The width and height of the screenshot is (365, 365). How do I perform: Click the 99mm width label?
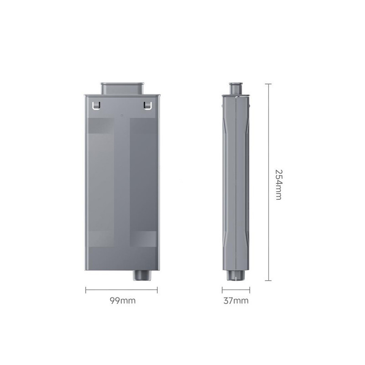122,301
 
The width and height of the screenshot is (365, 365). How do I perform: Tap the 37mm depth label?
236,301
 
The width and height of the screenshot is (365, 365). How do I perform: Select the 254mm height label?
278,185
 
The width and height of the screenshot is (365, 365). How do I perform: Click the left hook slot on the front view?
97,105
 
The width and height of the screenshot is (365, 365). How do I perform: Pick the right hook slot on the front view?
147,105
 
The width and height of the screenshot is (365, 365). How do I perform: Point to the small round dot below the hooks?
122,115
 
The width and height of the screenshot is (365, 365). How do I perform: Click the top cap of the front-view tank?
122,89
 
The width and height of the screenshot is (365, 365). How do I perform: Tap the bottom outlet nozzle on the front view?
142,276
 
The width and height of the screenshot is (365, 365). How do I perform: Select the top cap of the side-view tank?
236,89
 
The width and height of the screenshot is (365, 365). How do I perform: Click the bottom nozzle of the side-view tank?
236,276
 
